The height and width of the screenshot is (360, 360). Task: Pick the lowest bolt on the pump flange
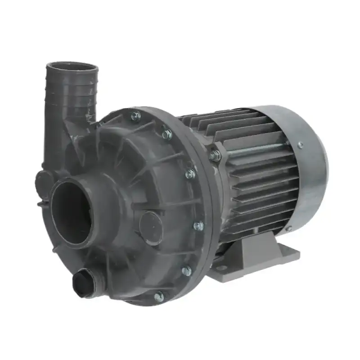[x=159, y=297]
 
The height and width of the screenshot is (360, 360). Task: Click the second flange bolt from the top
[x=167, y=134]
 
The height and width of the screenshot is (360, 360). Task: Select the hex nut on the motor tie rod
[x=215, y=156]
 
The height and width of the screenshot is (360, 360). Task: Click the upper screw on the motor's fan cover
[x=300, y=145]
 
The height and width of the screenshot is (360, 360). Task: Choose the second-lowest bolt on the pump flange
[x=186, y=270]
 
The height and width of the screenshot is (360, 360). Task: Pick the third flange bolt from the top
[x=191, y=174]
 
